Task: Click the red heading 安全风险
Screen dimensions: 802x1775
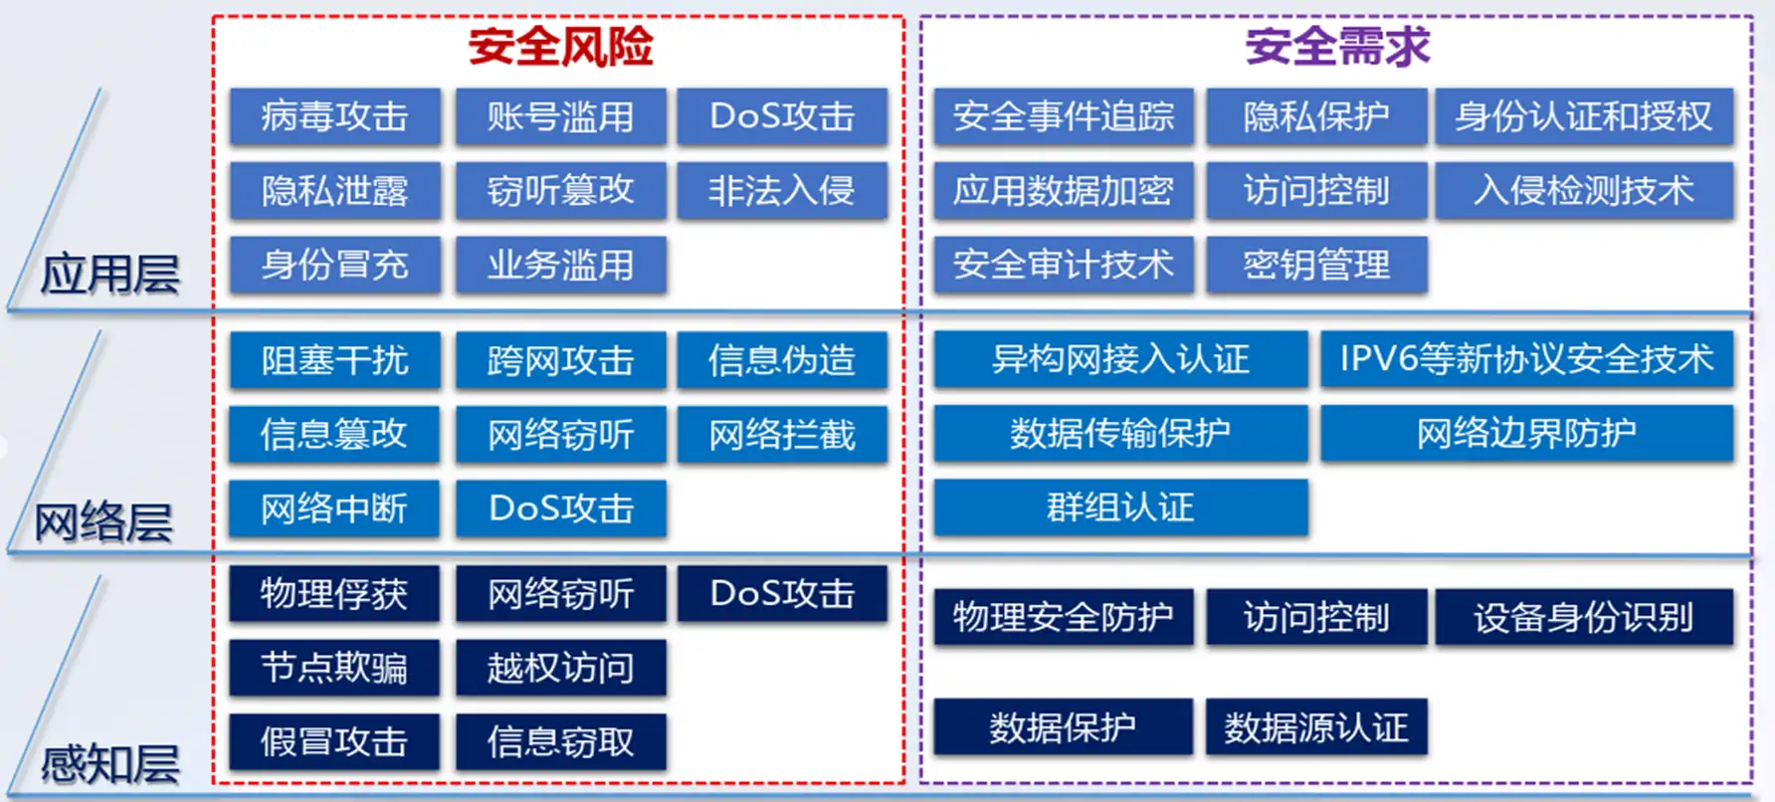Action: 560,47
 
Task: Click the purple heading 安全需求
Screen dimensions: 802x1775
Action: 1337,47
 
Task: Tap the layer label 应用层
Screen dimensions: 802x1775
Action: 109,274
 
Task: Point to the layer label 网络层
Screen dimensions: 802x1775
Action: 103,522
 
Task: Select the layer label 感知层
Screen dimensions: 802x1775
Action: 109,764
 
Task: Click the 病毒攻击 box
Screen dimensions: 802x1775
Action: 334,117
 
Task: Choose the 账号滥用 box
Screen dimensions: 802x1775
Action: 560,117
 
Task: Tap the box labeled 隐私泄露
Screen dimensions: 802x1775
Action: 334,191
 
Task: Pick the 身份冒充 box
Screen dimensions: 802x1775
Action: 334,265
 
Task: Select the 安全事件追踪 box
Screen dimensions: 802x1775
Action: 1063,117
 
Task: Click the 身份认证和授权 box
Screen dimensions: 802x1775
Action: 1583,117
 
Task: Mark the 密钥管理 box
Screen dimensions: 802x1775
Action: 1316,265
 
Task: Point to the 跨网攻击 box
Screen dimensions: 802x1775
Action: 560,360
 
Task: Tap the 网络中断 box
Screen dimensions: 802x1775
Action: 334,508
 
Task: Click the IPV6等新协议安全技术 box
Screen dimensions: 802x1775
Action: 1526,359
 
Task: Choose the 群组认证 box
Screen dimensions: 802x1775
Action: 1120,507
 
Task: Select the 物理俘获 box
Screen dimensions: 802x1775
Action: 334,594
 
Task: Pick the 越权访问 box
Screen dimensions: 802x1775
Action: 560,668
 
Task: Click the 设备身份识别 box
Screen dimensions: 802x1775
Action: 1583,618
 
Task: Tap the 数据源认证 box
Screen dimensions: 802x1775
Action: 1316,727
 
